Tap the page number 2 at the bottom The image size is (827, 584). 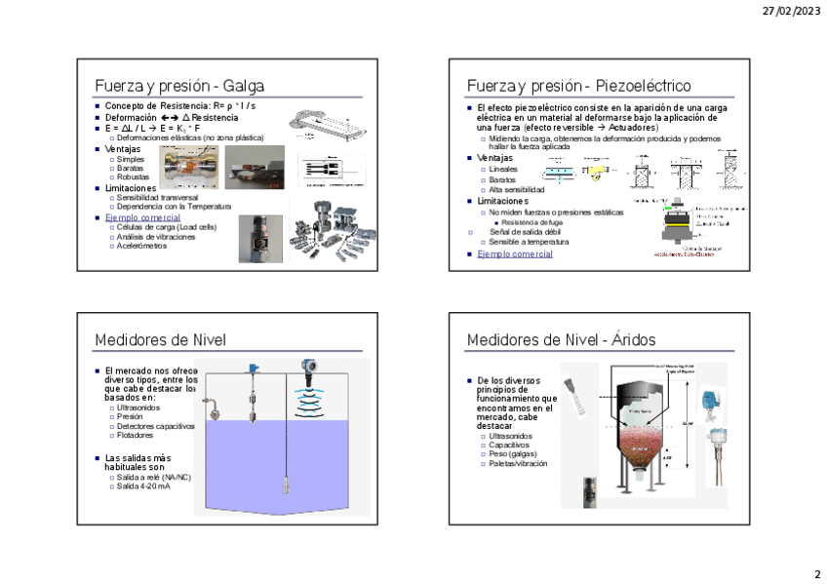tap(817, 573)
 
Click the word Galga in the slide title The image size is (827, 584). tap(244, 86)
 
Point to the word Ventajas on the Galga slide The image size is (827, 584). tap(123, 148)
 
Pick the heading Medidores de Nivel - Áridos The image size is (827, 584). tap(561, 339)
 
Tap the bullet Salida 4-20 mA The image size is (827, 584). tap(142, 486)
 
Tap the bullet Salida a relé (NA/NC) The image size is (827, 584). tap(154, 477)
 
